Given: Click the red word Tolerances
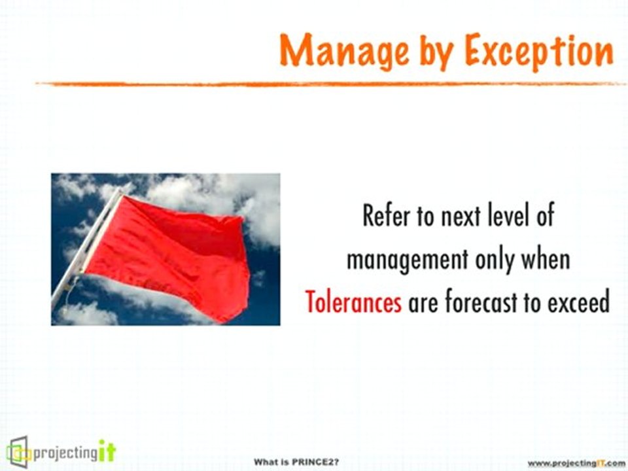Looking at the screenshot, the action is coord(353,302).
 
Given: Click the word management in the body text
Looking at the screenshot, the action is coord(407,260).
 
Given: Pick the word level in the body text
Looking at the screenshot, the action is coord(502,216).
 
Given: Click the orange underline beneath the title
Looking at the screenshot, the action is coord(331,84).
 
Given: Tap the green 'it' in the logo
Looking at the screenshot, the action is coord(107,451).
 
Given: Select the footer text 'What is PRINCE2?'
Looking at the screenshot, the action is coord(296,462).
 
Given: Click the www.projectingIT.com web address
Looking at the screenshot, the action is coord(576,463).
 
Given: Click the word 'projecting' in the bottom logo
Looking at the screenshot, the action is coord(65,454).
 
